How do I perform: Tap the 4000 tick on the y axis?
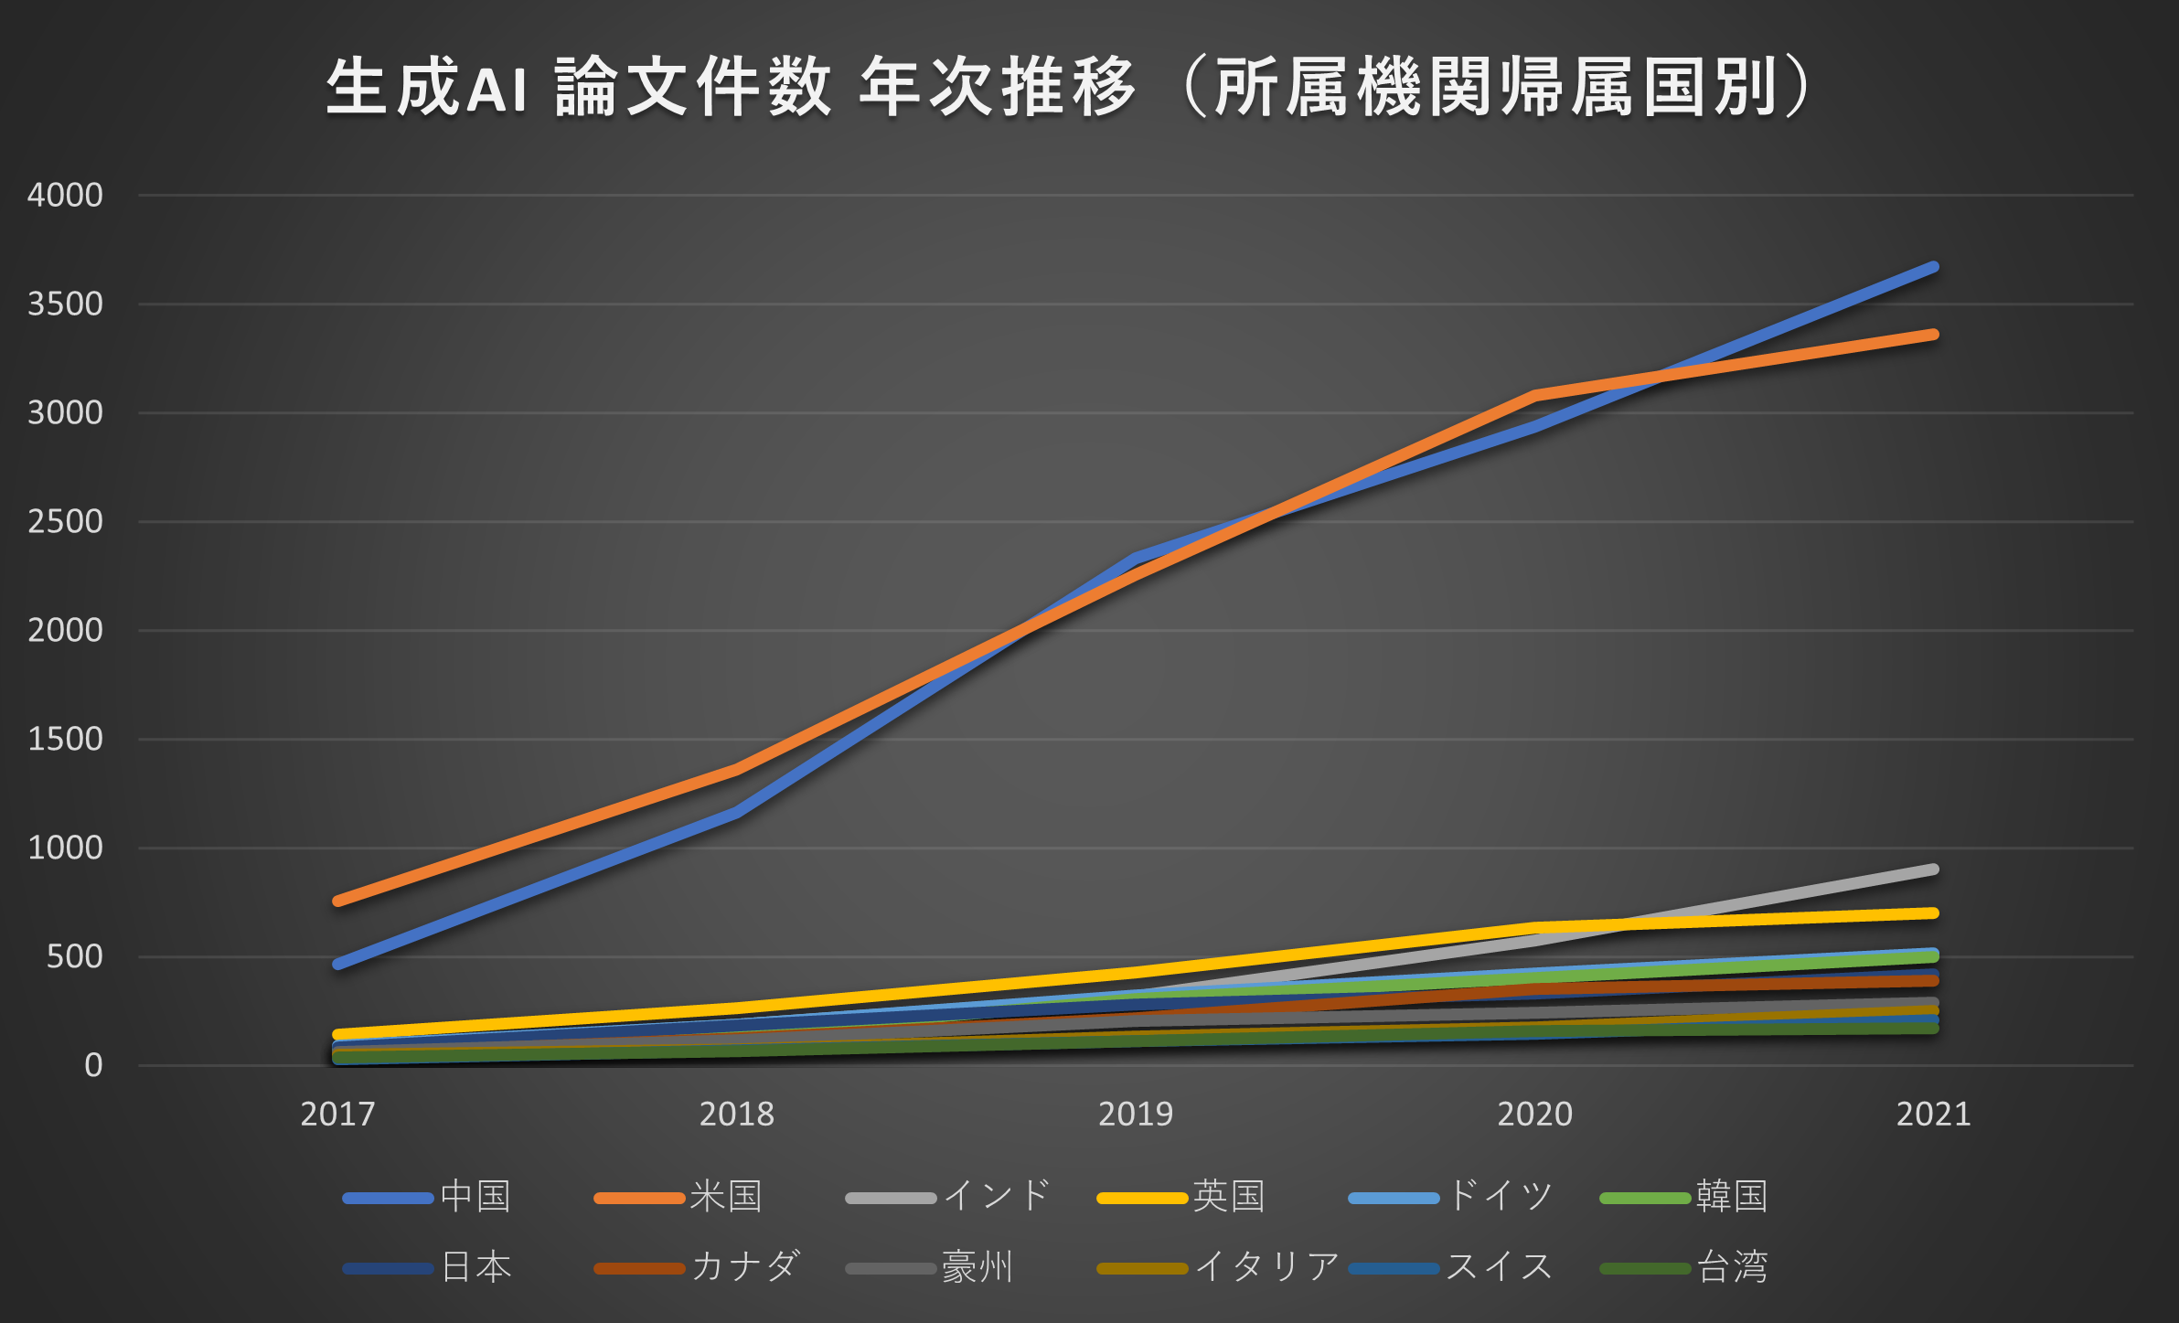point(65,195)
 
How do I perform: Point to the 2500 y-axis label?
point(65,521)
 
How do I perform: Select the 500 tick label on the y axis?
point(74,956)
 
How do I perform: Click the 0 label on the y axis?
point(93,1065)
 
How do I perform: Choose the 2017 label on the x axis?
point(337,1114)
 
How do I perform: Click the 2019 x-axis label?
point(1135,1114)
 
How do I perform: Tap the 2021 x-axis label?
point(1933,1114)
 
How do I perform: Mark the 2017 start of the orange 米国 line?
point(337,902)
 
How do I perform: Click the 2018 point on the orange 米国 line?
point(736,771)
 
